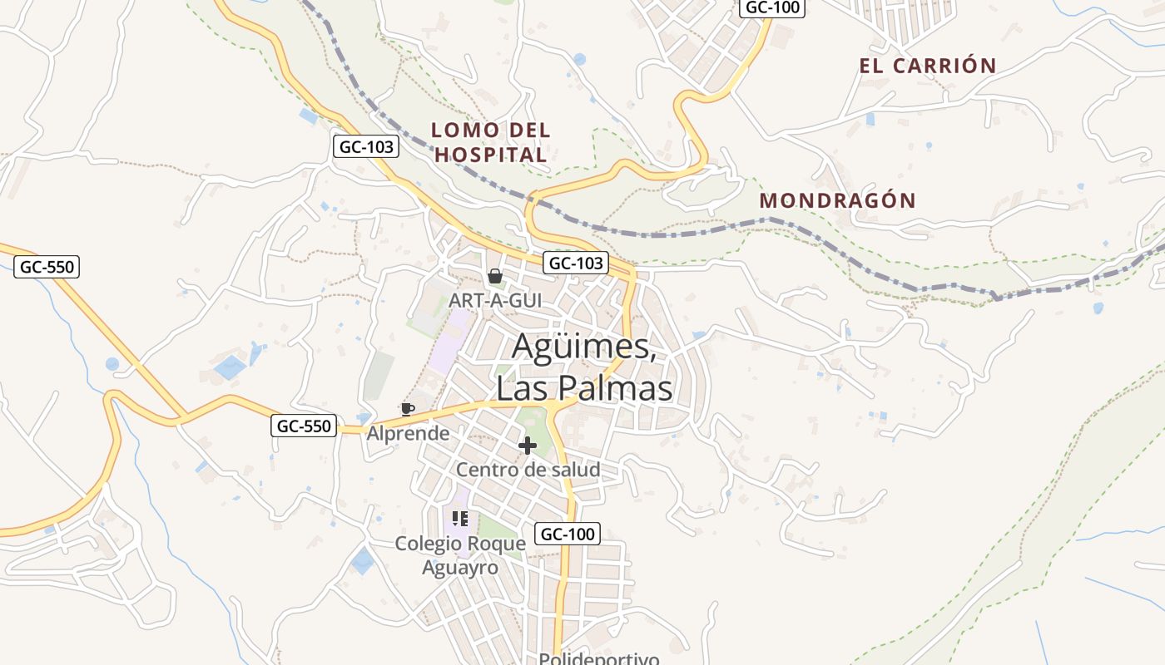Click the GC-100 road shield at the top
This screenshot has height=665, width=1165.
point(771,7)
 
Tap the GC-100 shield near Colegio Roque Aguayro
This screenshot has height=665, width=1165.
point(567,534)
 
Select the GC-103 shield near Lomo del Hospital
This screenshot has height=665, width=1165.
point(366,147)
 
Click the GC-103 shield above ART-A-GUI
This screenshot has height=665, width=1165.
point(576,264)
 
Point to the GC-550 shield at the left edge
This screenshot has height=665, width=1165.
point(47,267)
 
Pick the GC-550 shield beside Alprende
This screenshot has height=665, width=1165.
point(304,426)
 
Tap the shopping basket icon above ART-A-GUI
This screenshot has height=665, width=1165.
point(495,276)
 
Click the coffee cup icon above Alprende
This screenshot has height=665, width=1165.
point(407,409)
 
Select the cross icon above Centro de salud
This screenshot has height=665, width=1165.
point(527,446)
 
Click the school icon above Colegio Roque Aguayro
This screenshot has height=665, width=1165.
point(460,519)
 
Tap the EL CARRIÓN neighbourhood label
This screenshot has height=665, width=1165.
point(928,66)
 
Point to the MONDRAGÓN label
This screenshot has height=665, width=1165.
point(837,200)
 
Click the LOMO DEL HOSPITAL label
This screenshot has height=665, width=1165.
point(491,142)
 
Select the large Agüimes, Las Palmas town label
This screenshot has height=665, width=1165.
point(584,367)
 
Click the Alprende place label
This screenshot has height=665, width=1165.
point(408,433)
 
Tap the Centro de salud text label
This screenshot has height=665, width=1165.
point(528,470)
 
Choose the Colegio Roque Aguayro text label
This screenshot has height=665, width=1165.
point(460,555)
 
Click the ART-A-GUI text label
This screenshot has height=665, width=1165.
point(495,300)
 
